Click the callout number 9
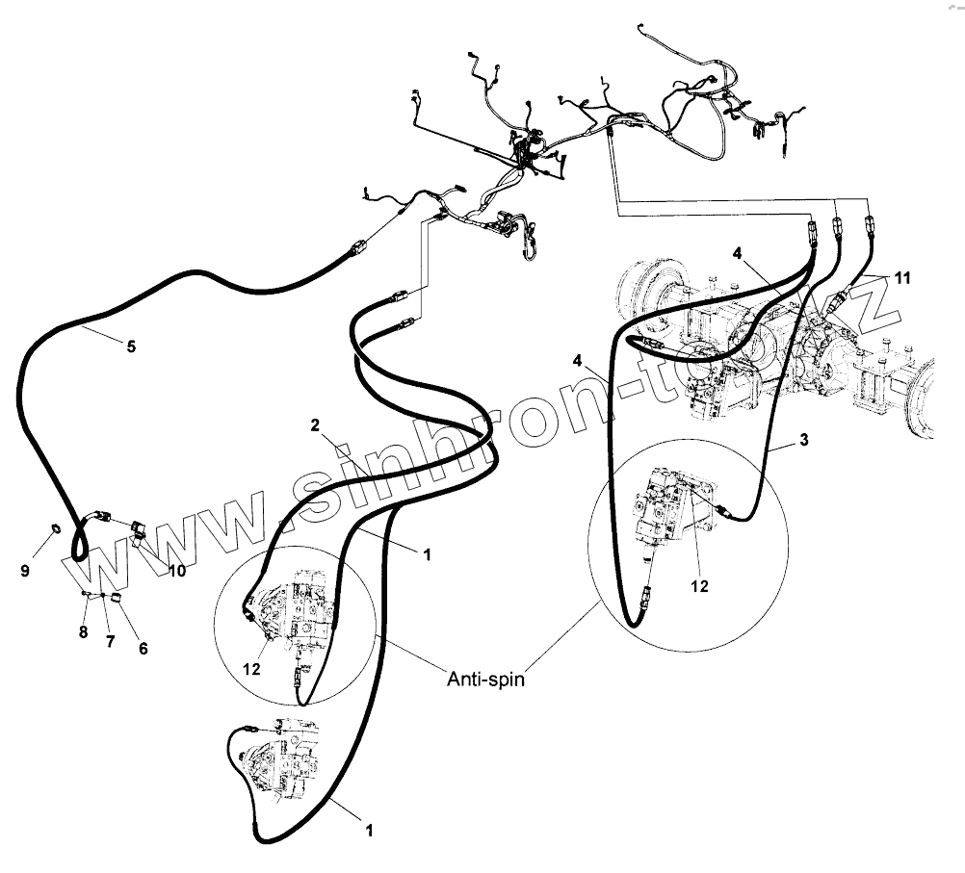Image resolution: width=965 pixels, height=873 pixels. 25,571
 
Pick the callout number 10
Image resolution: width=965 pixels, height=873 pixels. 176,571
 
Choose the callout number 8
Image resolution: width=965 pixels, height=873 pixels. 83,632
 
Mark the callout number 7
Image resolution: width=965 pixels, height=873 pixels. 110,641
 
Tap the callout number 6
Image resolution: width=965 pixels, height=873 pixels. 143,648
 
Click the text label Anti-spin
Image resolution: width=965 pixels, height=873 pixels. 484,679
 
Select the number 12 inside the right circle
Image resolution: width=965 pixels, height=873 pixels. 700,586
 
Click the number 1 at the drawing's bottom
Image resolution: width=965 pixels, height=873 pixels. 367,828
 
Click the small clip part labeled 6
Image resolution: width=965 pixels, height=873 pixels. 117,598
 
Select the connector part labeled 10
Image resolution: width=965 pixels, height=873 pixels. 137,526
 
